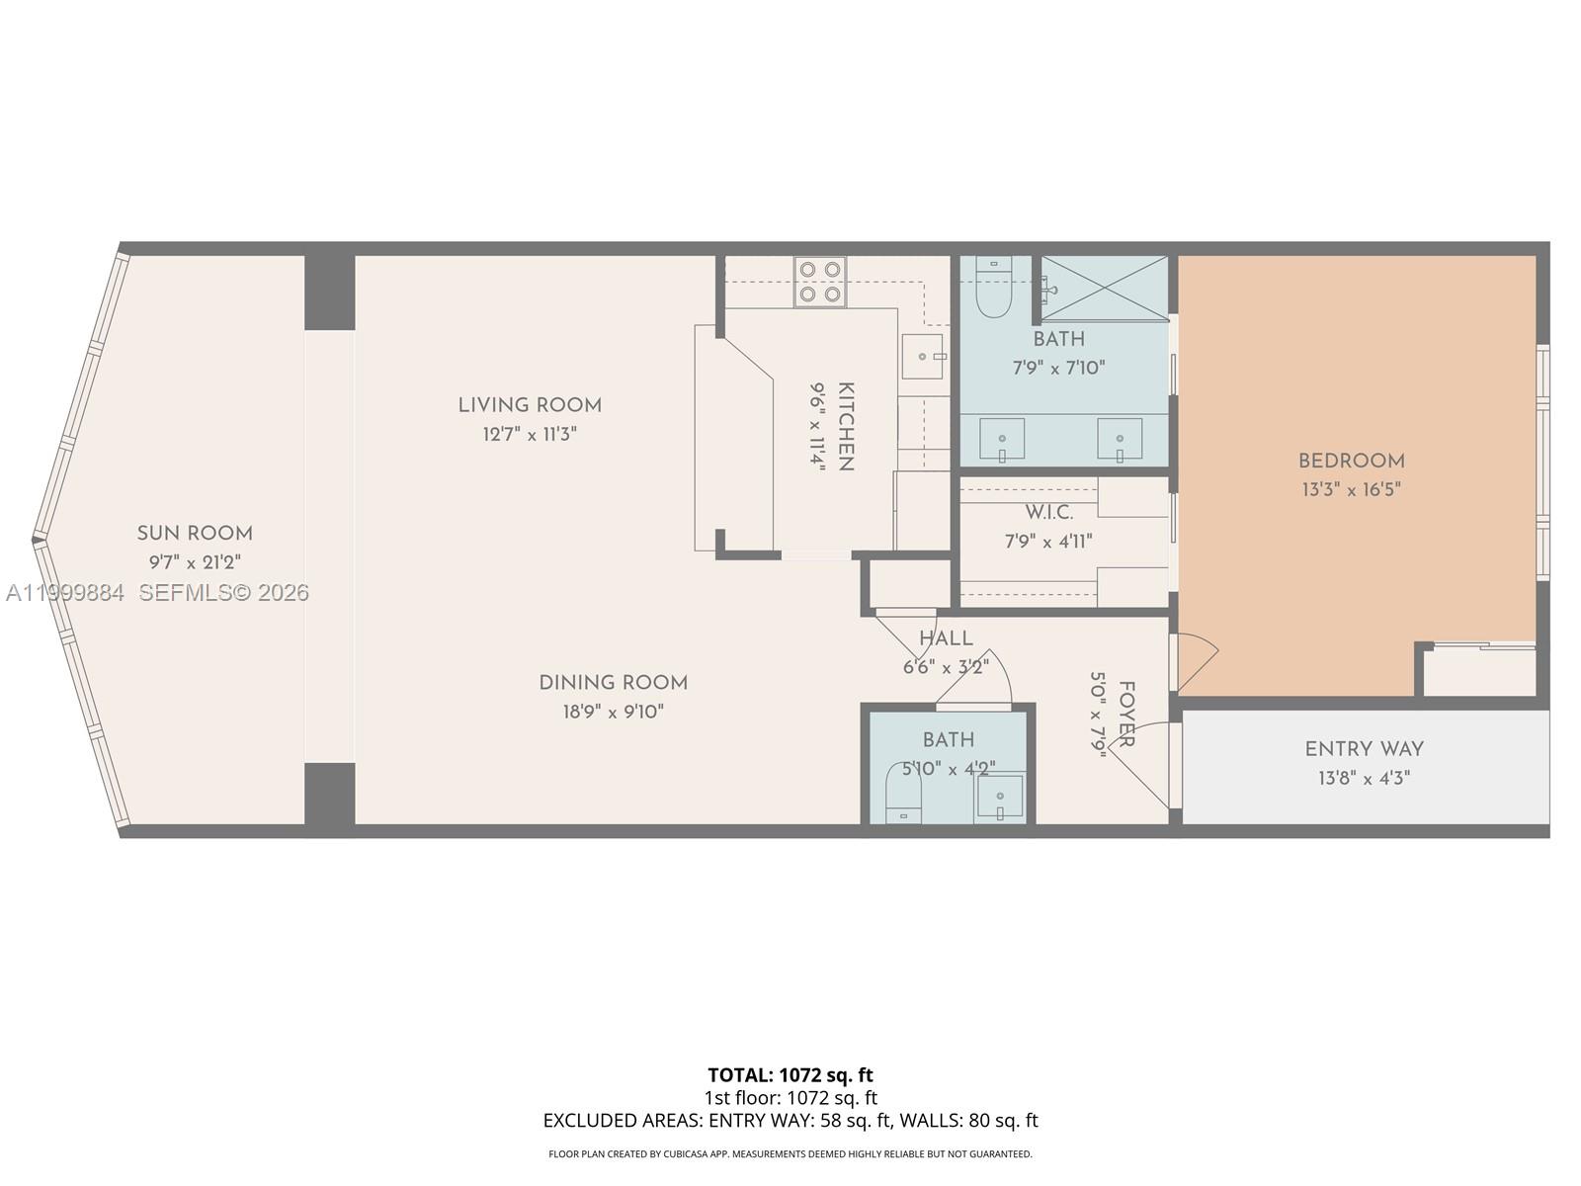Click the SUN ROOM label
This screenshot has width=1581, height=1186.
[x=195, y=534]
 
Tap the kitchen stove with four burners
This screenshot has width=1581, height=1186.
[x=820, y=282]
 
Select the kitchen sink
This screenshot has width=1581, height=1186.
[x=922, y=357]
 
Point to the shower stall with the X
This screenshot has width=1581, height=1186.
[x=1105, y=288]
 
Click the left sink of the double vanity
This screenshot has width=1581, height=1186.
[x=1002, y=439]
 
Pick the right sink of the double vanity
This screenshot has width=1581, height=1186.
[x=1120, y=439]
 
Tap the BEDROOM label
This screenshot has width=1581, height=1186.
[x=1351, y=462]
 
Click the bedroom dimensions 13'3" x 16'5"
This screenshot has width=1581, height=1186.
[x=1351, y=489]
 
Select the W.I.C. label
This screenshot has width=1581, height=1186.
[x=1048, y=513]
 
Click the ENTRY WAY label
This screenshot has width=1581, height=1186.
[x=1364, y=749]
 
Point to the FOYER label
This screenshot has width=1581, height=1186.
[x=1125, y=714]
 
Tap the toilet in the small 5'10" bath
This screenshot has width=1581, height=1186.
[x=903, y=793]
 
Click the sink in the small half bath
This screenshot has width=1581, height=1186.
[x=1000, y=797]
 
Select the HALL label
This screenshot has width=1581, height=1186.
[x=946, y=639]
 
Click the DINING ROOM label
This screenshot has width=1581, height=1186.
[x=613, y=683]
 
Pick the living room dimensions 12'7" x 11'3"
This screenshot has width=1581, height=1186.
[x=530, y=434]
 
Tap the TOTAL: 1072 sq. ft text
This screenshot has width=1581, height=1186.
[x=790, y=1074]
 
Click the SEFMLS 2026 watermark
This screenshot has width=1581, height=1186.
[x=223, y=593]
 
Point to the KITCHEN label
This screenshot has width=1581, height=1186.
[x=846, y=426]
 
